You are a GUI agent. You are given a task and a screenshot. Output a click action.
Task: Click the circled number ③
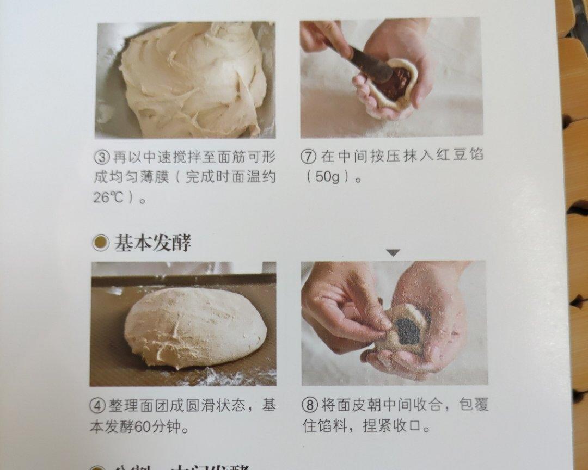[x=102, y=158]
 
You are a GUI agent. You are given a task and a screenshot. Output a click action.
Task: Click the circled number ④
[x=99, y=406]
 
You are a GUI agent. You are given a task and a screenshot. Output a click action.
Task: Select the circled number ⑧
[x=309, y=405]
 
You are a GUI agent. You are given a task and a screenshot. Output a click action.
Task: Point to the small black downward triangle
[x=394, y=252]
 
